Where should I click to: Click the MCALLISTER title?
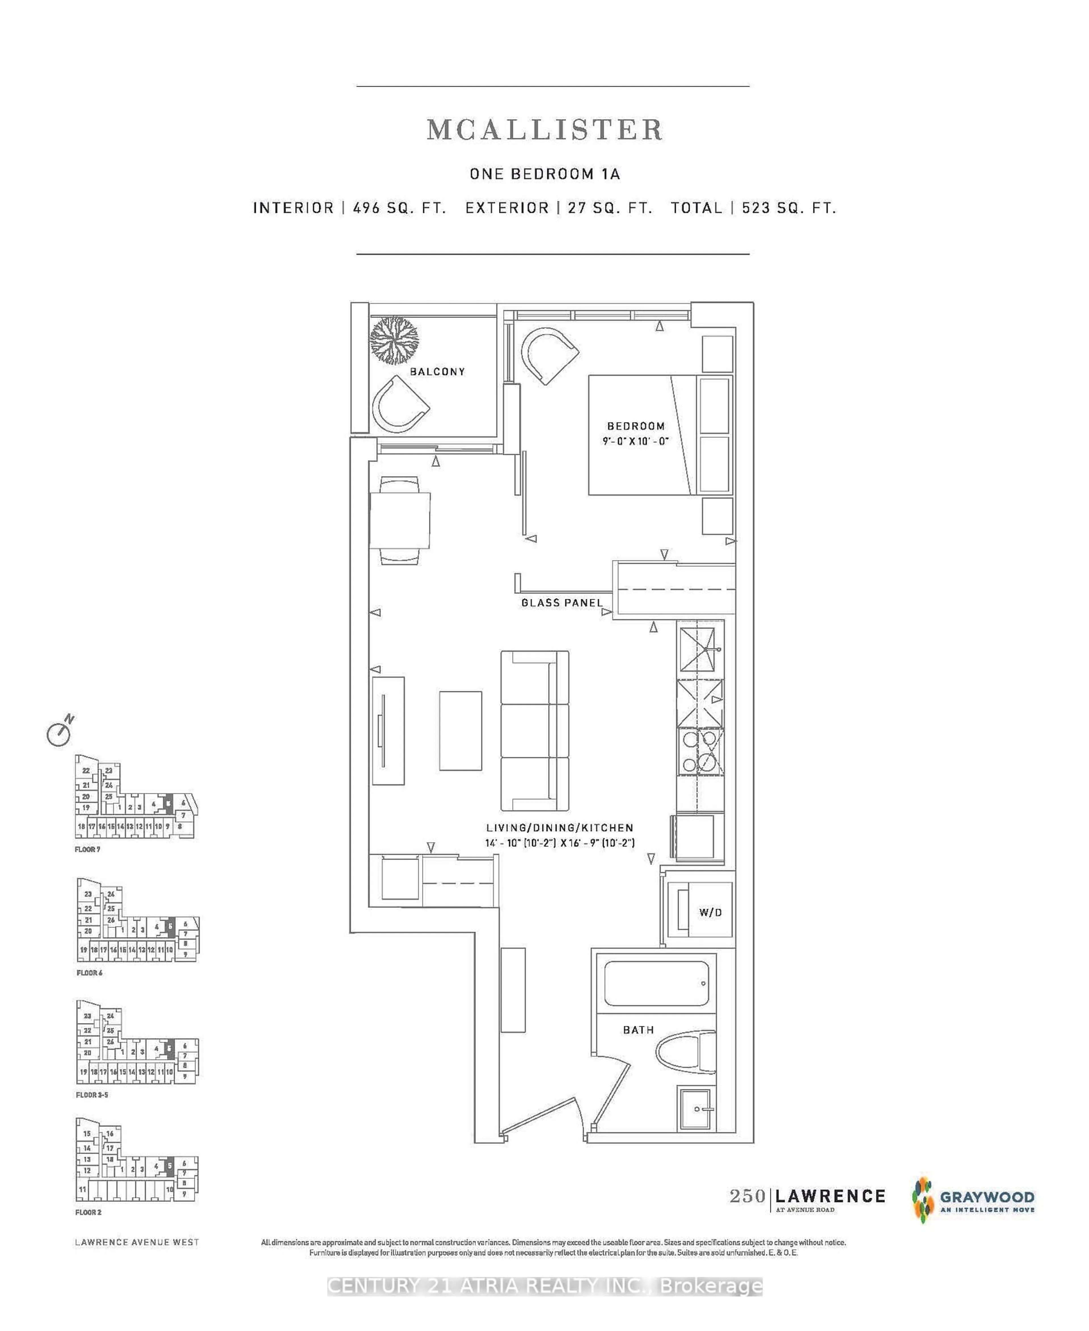pos(544,130)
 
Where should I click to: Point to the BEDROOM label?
pos(636,426)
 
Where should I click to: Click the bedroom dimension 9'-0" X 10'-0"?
pos(636,441)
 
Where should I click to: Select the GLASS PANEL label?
pos(562,603)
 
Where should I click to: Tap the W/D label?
pos(710,913)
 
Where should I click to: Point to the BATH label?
pos(638,1030)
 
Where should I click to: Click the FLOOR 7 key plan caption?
pos(87,849)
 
